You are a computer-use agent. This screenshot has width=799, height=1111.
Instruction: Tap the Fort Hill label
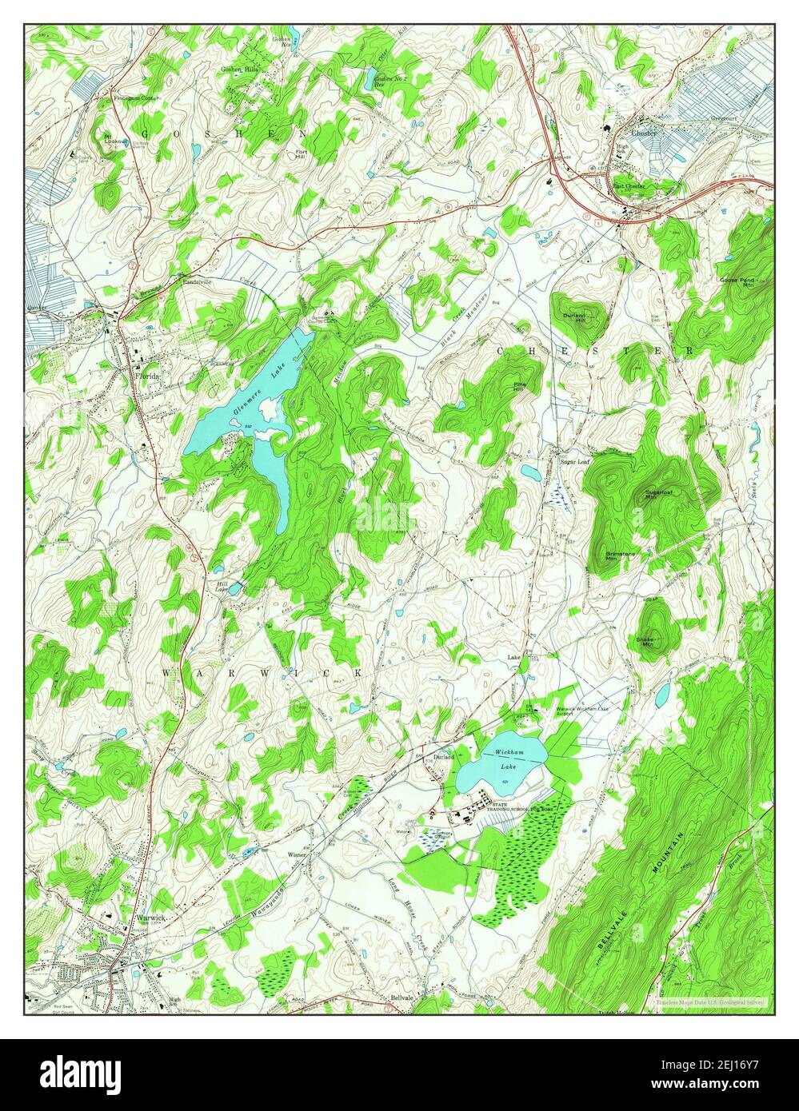302,153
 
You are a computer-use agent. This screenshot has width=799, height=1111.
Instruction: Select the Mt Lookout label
112,139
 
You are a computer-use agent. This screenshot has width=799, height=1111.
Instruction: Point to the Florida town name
148,375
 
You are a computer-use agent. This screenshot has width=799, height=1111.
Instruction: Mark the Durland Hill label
574,318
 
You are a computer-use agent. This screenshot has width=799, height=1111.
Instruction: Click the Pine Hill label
520,386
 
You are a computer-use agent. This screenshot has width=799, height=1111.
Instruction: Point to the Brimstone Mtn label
612,556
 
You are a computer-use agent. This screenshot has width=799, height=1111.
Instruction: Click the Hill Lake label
222,587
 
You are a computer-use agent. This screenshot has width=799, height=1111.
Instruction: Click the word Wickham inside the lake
508,753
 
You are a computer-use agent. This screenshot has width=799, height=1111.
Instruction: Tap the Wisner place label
298,854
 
